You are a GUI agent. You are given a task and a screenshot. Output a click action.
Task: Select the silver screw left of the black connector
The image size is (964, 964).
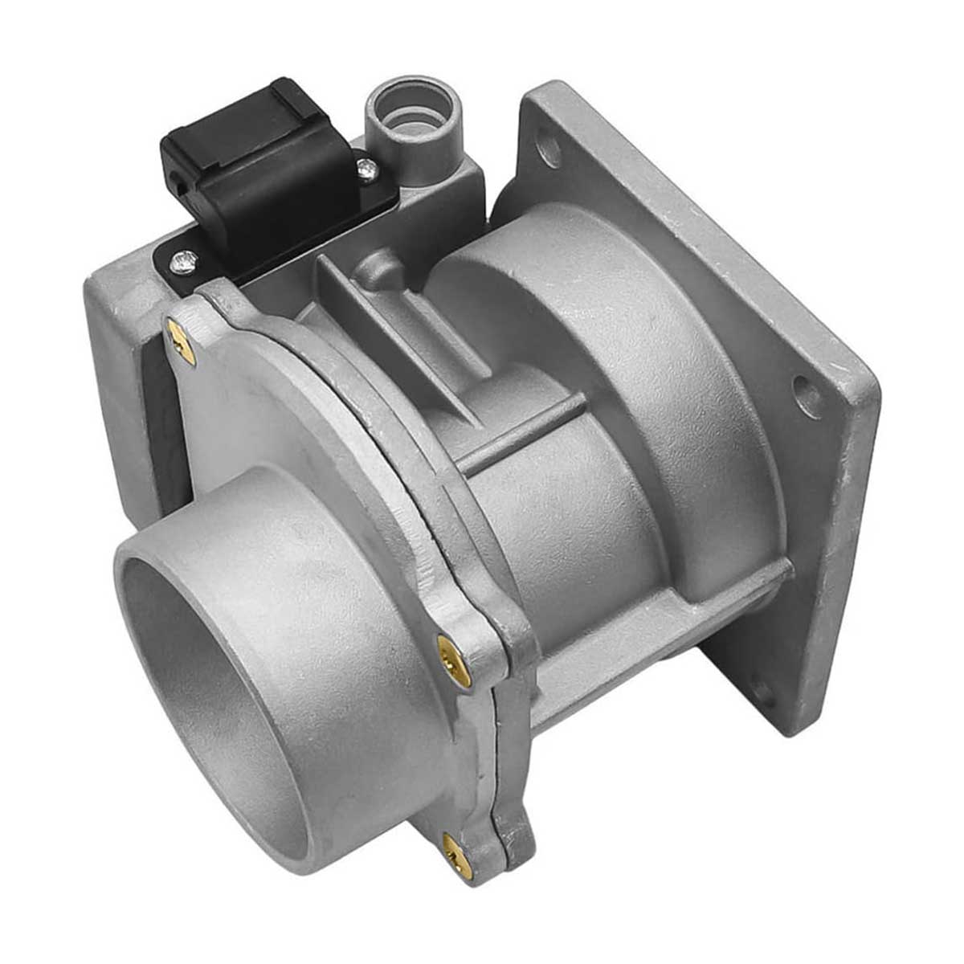point(184,260)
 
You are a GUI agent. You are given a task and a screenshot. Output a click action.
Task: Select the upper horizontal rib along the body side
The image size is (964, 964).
point(522,438)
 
